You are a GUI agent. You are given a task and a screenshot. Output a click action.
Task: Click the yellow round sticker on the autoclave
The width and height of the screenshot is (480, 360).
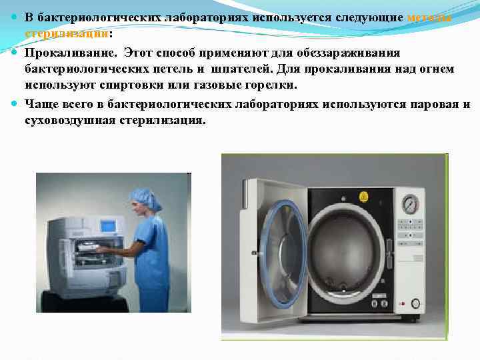[363, 197]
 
